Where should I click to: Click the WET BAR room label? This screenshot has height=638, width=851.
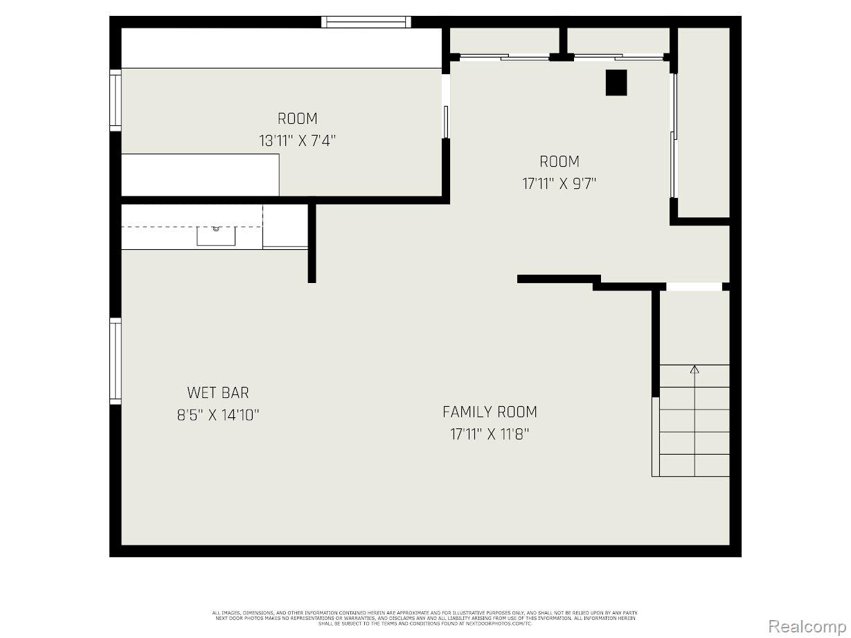(x=217, y=393)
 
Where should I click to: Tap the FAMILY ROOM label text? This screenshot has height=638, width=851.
(x=490, y=412)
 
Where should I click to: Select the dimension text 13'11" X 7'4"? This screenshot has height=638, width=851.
(x=297, y=141)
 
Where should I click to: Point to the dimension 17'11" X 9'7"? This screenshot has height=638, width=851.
(x=559, y=184)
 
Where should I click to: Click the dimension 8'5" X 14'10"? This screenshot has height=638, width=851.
(x=217, y=415)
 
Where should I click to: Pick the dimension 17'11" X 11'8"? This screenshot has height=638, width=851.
(x=490, y=435)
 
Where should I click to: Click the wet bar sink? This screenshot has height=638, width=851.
(x=216, y=235)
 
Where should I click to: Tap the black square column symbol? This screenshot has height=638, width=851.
(x=616, y=82)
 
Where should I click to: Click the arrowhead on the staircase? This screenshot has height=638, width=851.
(x=695, y=370)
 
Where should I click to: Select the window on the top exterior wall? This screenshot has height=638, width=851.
(x=366, y=22)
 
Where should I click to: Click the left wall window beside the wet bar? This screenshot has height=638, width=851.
(x=116, y=361)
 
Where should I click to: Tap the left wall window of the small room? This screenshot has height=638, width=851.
(x=116, y=100)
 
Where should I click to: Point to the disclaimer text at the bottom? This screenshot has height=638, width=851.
(x=425, y=618)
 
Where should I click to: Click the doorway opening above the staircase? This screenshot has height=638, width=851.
(x=694, y=286)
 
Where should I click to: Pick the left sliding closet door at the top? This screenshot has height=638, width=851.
(x=505, y=57)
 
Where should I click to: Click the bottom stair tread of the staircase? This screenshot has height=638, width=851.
(x=694, y=465)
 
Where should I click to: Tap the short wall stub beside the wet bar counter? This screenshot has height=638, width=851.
(x=312, y=243)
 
